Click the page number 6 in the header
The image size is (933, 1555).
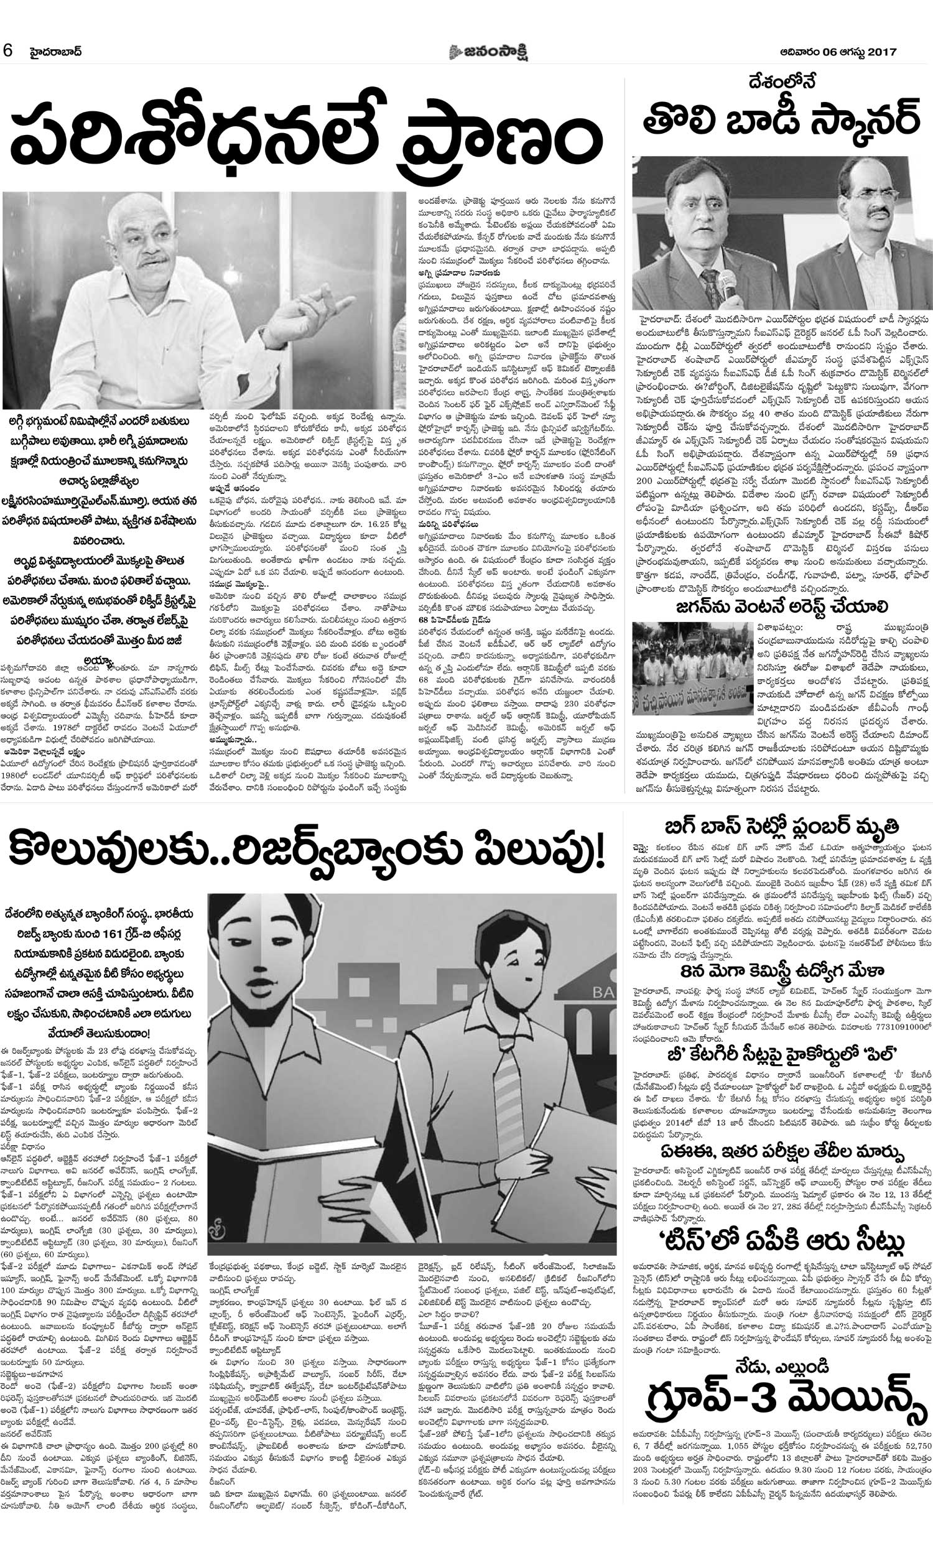8,51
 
